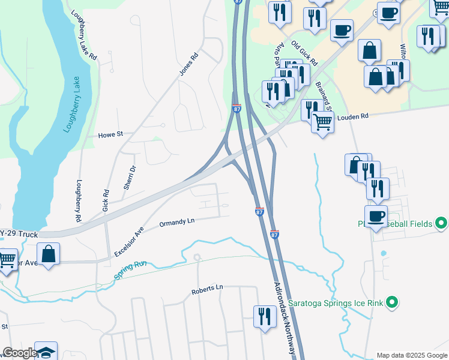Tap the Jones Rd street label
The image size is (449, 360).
pyautogui.click(x=188, y=65)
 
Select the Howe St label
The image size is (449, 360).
pyautogui.click(x=110, y=135)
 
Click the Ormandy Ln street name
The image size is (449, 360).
pyautogui.click(x=177, y=223)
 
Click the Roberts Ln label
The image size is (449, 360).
pyautogui.click(x=207, y=290)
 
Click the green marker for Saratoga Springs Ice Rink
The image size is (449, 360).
pyautogui.click(x=392, y=302)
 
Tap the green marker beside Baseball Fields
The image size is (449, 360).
pyautogui.click(x=441, y=224)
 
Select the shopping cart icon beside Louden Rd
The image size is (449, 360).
pyautogui.click(x=323, y=122)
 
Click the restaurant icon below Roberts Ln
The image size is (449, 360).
pyautogui.click(x=265, y=315)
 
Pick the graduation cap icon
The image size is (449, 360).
pyautogui.click(x=46, y=352)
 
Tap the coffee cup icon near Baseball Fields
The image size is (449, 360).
pyautogui.click(x=376, y=216)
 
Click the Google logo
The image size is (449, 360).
pyautogui.click(x=20, y=353)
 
